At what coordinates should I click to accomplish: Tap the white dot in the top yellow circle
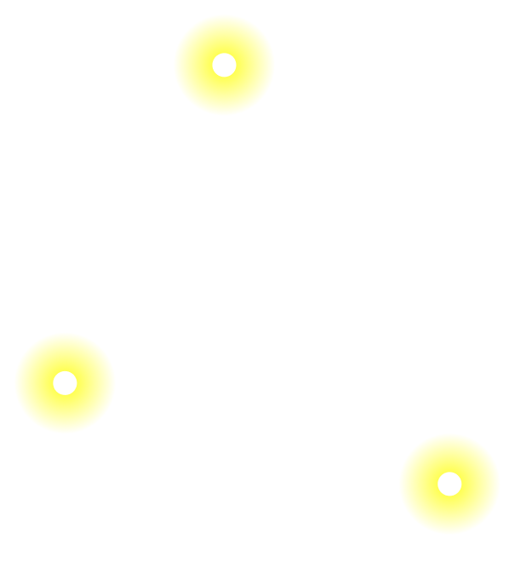click(x=224, y=65)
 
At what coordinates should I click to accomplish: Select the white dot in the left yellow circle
click(x=65, y=383)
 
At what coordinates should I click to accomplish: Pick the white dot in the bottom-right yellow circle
click(x=449, y=484)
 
